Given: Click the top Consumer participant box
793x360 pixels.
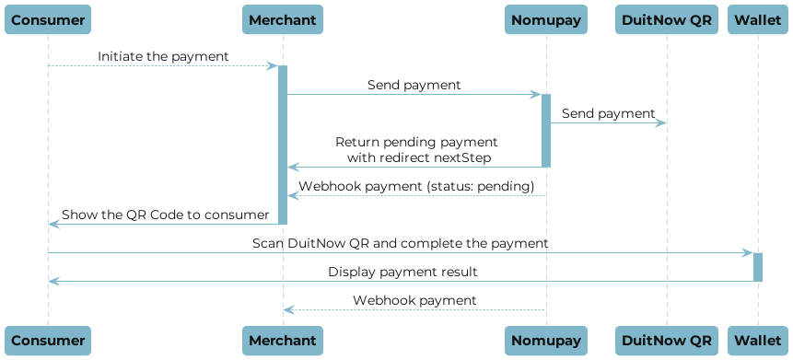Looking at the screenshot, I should [48, 19].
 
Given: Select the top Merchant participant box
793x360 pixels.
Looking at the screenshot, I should [283, 19].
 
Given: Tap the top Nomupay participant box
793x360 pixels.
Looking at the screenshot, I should [545, 19].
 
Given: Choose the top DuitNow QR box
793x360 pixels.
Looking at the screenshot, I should [667, 19].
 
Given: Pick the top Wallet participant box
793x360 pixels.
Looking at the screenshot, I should [758, 19].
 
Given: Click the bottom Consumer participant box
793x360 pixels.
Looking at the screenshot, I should [48, 340].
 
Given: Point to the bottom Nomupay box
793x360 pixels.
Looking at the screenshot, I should [545, 340].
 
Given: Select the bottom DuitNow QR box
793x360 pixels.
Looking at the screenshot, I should [667, 340].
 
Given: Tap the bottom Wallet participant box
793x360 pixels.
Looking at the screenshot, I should [758, 340].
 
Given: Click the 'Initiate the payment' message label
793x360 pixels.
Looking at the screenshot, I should [164, 57].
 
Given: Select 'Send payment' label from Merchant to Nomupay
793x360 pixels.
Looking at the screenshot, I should [414, 86].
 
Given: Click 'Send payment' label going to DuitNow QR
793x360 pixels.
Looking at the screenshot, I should [608, 114].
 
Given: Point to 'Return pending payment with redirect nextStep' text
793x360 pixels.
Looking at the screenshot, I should [416, 150].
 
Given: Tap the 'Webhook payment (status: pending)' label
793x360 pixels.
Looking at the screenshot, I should [417, 186].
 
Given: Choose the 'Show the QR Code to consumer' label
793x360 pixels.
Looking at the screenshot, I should [166, 215].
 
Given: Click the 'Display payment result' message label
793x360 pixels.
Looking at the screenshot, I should [402, 273].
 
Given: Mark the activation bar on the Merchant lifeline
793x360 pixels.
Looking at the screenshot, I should [283, 144].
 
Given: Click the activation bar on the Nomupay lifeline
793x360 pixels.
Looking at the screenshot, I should [545, 130].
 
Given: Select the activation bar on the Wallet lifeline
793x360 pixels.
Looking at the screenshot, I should [758, 266].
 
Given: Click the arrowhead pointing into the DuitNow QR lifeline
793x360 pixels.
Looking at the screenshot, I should [661, 122].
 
